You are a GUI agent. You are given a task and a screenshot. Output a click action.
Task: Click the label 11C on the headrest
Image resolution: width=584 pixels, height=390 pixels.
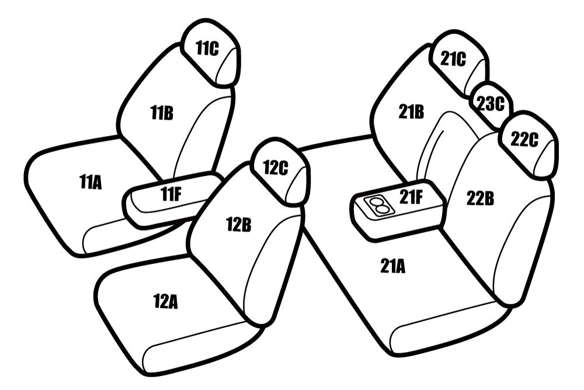(x=207, y=48)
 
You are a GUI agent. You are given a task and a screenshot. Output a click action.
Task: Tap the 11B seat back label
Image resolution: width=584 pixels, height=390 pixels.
(x=162, y=113)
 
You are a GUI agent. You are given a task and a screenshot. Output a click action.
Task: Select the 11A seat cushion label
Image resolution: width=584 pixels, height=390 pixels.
(x=91, y=182)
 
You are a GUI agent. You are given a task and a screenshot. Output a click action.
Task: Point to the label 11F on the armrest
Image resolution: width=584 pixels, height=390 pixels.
(x=171, y=194)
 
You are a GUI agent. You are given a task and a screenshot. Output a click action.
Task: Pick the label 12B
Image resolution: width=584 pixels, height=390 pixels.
(x=239, y=224)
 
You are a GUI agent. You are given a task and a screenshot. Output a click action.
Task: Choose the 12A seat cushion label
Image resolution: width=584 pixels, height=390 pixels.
(x=165, y=301)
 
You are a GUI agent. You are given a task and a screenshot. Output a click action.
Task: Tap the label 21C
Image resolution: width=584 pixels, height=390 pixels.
(x=453, y=58)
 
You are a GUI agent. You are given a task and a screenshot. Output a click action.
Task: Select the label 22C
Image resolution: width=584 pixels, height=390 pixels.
(x=524, y=140)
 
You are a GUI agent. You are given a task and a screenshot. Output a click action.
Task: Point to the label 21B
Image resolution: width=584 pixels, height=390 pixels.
(x=411, y=112)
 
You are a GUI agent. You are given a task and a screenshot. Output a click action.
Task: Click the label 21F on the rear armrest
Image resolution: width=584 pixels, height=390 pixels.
(x=411, y=197)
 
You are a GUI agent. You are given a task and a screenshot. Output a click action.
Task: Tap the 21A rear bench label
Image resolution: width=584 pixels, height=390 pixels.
(x=392, y=266)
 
